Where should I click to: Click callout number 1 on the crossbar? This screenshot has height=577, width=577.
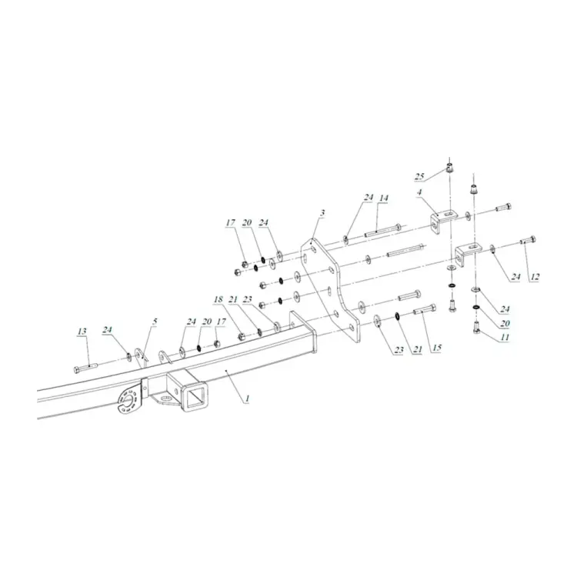point(248,399)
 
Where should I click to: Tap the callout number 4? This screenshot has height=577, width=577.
point(420,192)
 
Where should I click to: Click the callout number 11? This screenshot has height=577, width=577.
point(505,337)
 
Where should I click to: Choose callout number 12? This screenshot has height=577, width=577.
point(535,276)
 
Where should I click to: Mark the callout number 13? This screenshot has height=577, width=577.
point(82,331)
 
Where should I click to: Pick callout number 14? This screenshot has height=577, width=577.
point(384,198)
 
